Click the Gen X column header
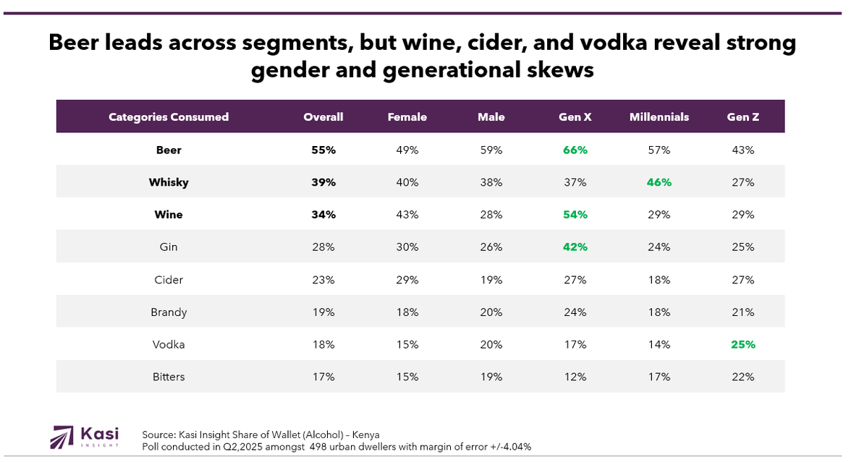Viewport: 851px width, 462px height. pyautogui.click(x=575, y=117)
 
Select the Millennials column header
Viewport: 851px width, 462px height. pyautogui.click(x=659, y=117)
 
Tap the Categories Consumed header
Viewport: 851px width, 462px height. pyautogui.click(x=169, y=117)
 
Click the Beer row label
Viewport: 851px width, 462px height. pyautogui.click(x=169, y=150)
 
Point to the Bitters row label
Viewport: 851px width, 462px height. pyautogui.click(x=169, y=377)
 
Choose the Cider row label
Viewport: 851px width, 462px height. pyautogui.click(x=169, y=280)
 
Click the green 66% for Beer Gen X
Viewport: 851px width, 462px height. pyautogui.click(x=575, y=150)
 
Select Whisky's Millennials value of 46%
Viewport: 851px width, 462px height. pyautogui.click(x=659, y=182)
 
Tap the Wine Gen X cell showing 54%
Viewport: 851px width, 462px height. pyautogui.click(x=575, y=215)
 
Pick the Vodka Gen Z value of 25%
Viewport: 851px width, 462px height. pyautogui.click(x=743, y=345)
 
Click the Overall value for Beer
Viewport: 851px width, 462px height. pyautogui.click(x=323, y=150)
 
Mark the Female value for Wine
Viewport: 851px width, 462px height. pyautogui.click(x=407, y=215)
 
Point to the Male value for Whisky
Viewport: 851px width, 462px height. pyautogui.click(x=491, y=182)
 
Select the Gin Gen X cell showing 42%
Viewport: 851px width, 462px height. pyautogui.click(x=575, y=247)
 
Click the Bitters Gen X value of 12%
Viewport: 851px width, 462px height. pyautogui.click(x=575, y=377)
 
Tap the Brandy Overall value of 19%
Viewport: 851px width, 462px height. pyautogui.click(x=323, y=312)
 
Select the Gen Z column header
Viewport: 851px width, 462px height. pyautogui.click(x=743, y=117)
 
